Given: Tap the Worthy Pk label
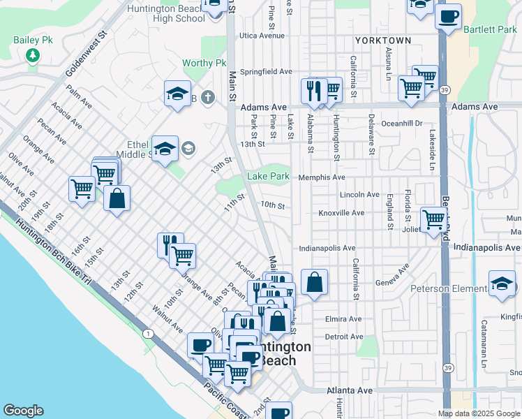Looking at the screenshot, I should (204, 63).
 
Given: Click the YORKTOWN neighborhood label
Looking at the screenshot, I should (382, 41).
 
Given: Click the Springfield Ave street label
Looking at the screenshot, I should (266, 71).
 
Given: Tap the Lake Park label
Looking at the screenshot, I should (268, 177).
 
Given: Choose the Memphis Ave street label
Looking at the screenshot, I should (322, 177).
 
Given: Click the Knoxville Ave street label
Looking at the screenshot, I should (341, 212).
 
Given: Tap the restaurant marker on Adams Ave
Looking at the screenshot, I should (313, 91).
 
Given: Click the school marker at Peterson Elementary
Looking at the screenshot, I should (501, 285).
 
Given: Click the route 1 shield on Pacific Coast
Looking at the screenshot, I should (148, 335).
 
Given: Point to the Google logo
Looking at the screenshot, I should (23, 411).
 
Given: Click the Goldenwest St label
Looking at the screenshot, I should (86, 53).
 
